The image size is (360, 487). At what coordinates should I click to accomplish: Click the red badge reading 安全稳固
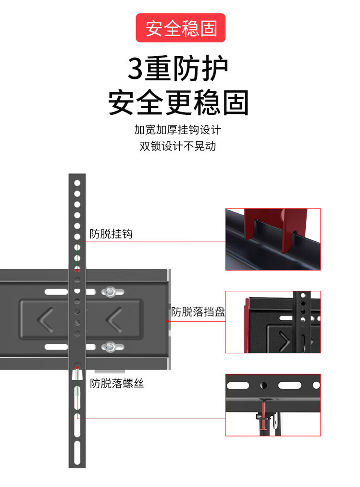click(x=180, y=28)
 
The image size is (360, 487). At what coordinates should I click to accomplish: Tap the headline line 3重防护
click(x=178, y=69)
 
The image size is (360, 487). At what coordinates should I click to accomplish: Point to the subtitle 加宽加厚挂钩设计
click(x=178, y=130)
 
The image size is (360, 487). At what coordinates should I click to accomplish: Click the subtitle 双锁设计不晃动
click(x=178, y=146)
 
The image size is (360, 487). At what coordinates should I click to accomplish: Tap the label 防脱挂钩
click(x=111, y=234)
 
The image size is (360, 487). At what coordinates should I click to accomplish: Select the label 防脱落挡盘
click(x=198, y=312)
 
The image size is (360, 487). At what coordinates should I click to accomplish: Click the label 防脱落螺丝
click(x=117, y=384)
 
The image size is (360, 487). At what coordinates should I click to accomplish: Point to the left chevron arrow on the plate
click(x=46, y=319)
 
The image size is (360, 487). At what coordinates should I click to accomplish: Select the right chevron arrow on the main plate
click(x=114, y=319)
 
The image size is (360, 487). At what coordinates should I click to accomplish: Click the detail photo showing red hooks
click(x=273, y=239)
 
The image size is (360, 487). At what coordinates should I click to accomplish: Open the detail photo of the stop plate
click(x=273, y=322)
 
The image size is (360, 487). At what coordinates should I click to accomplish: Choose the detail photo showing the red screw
click(x=273, y=405)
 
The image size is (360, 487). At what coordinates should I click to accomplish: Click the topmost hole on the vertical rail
click(x=77, y=183)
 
